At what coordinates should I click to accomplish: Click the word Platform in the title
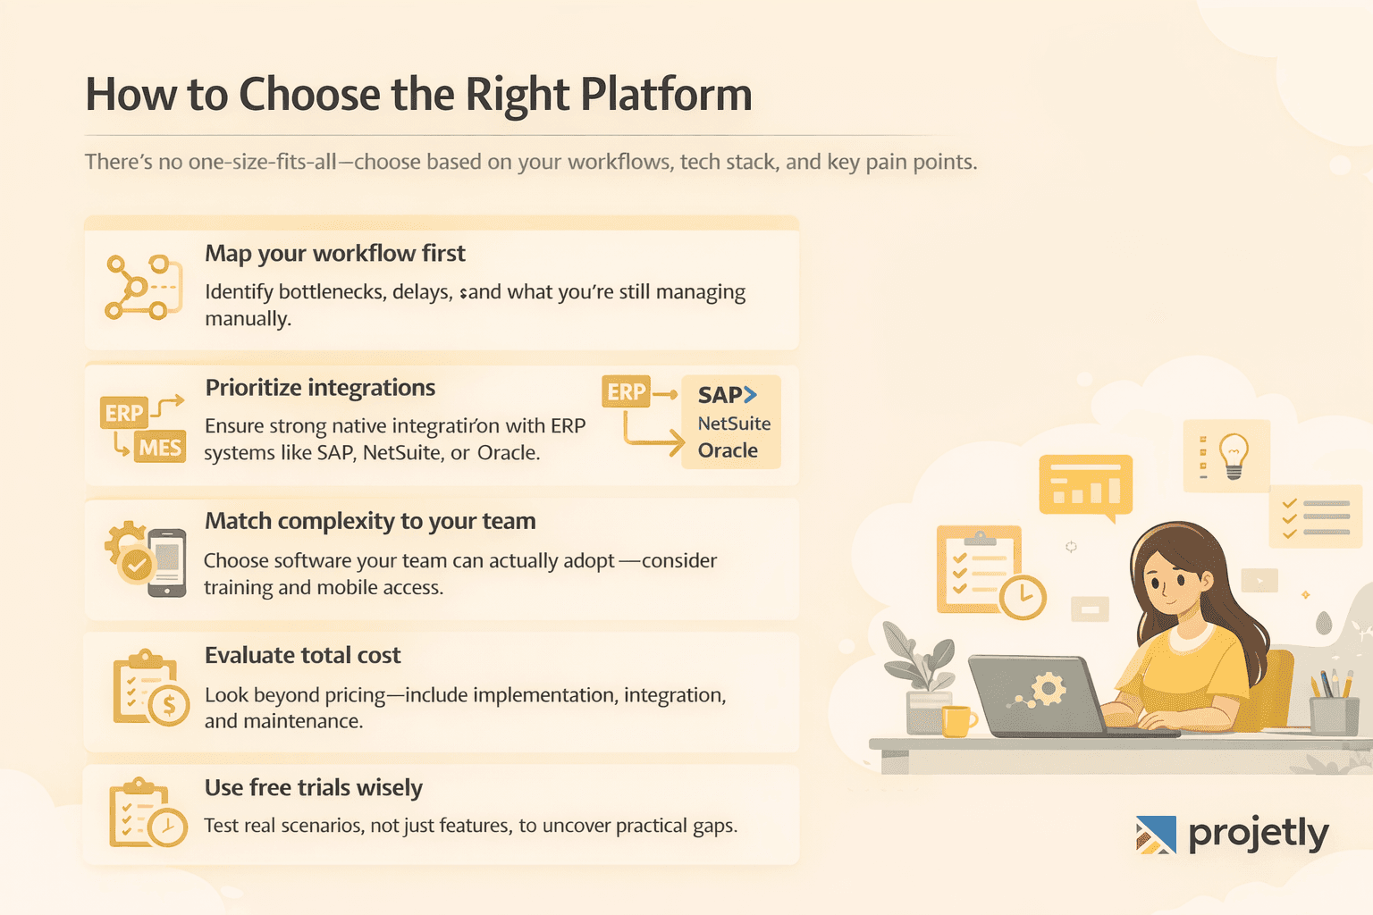[666, 95]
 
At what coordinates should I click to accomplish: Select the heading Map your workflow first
[335, 254]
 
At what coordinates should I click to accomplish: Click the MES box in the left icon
[160, 447]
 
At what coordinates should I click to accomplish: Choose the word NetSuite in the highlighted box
[734, 424]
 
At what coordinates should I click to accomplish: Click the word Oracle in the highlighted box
[728, 450]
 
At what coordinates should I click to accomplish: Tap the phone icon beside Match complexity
[167, 562]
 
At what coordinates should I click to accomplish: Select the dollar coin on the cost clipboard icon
[168, 707]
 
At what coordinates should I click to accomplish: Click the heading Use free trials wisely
[314, 788]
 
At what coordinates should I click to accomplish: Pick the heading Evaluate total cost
[303, 656]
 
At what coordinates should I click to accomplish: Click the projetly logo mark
[1156, 835]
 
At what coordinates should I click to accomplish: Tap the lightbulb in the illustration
[1234, 454]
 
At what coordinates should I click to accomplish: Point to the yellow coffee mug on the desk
[956, 720]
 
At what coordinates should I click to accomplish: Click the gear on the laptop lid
[1048, 689]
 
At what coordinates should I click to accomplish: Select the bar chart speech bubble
[1086, 486]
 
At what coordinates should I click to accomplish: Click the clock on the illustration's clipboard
[1022, 596]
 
